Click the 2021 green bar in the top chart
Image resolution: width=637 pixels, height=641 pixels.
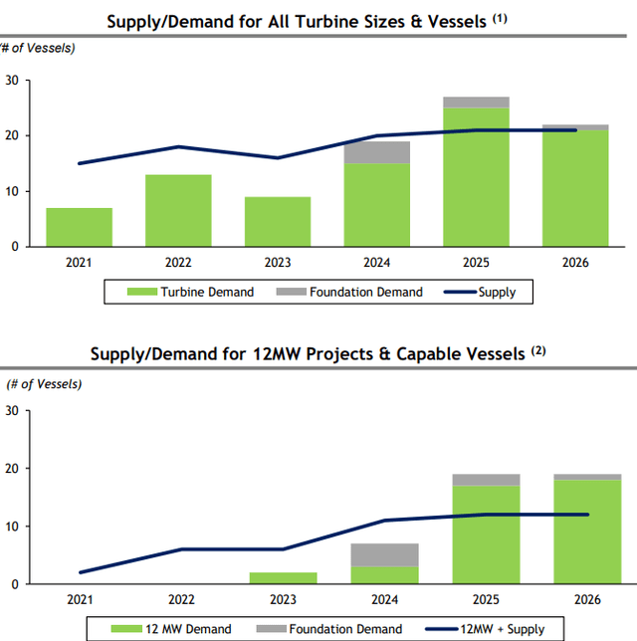pyautogui.click(x=79, y=227)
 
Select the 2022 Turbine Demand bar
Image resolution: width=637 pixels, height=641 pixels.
pyautogui.click(x=178, y=211)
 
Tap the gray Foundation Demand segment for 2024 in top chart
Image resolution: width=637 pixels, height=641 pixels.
pyautogui.click(x=376, y=152)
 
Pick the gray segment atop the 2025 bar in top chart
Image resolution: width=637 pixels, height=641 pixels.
pyautogui.click(x=476, y=102)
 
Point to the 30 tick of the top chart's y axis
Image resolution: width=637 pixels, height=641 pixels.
pyautogui.click(x=12, y=80)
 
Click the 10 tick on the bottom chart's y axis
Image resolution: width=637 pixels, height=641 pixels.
pyautogui.click(x=12, y=526)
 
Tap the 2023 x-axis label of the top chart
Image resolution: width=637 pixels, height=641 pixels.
pyautogui.click(x=278, y=263)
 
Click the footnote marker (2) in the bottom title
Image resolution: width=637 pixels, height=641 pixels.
pyautogui.click(x=538, y=349)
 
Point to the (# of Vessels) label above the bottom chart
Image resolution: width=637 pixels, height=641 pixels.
pyautogui.click(x=45, y=383)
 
